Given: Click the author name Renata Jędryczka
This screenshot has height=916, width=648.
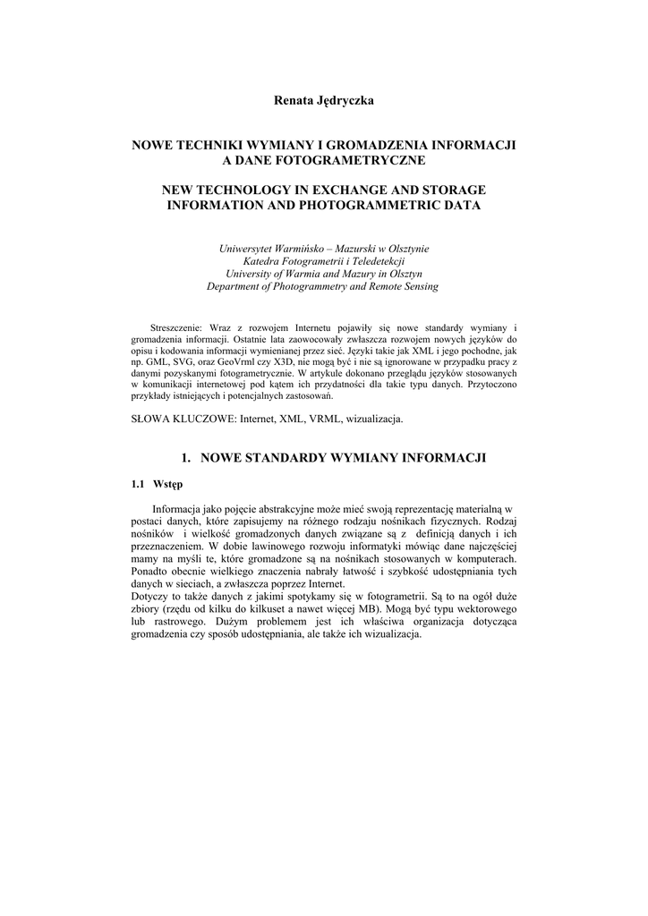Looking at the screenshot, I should coord(323,101).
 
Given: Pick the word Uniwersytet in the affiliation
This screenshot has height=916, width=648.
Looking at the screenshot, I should coord(248,249).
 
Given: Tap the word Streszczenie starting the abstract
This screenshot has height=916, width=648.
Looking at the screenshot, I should coord(178,328).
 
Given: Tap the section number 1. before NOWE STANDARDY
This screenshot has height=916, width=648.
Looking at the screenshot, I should coord(186,458).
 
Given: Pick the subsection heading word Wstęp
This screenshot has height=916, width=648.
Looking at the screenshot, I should coord(167,485).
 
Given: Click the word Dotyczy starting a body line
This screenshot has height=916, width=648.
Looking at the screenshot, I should coord(150,597).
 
